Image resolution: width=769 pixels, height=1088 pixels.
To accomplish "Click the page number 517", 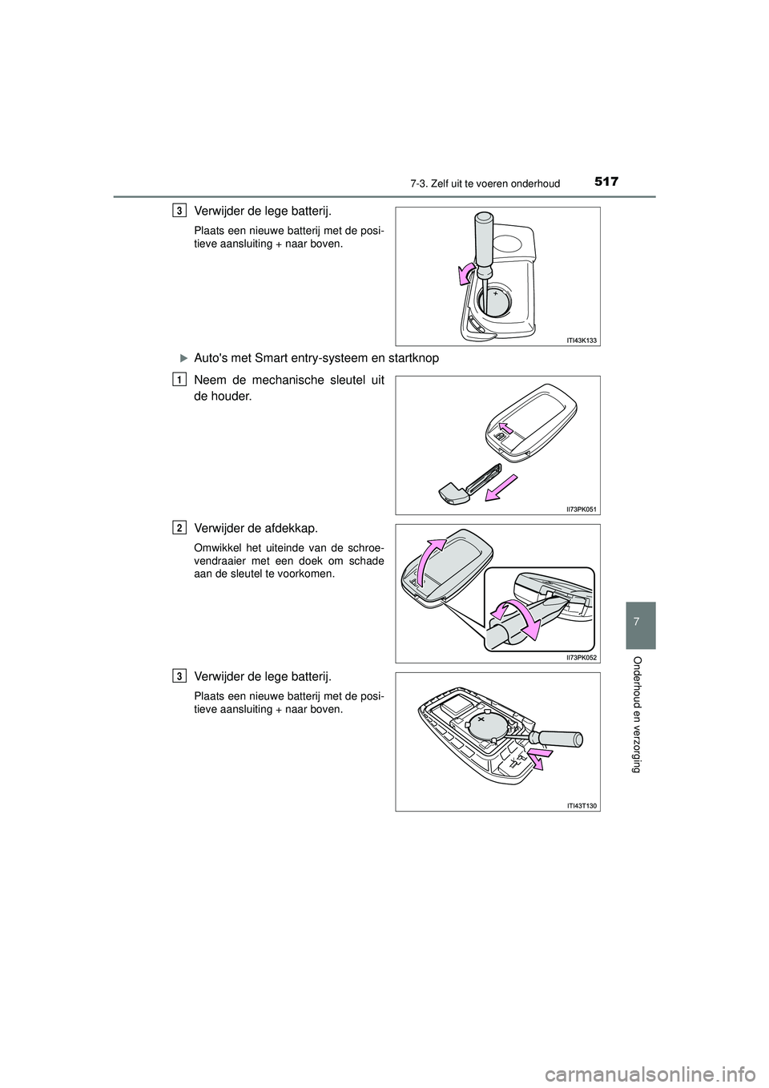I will tap(606, 183).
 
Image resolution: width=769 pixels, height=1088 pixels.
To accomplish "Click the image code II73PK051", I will tap(582, 509).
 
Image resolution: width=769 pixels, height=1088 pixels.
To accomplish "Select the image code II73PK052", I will tap(582, 657).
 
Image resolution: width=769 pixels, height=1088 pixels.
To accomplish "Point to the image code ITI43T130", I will tap(582, 805).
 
